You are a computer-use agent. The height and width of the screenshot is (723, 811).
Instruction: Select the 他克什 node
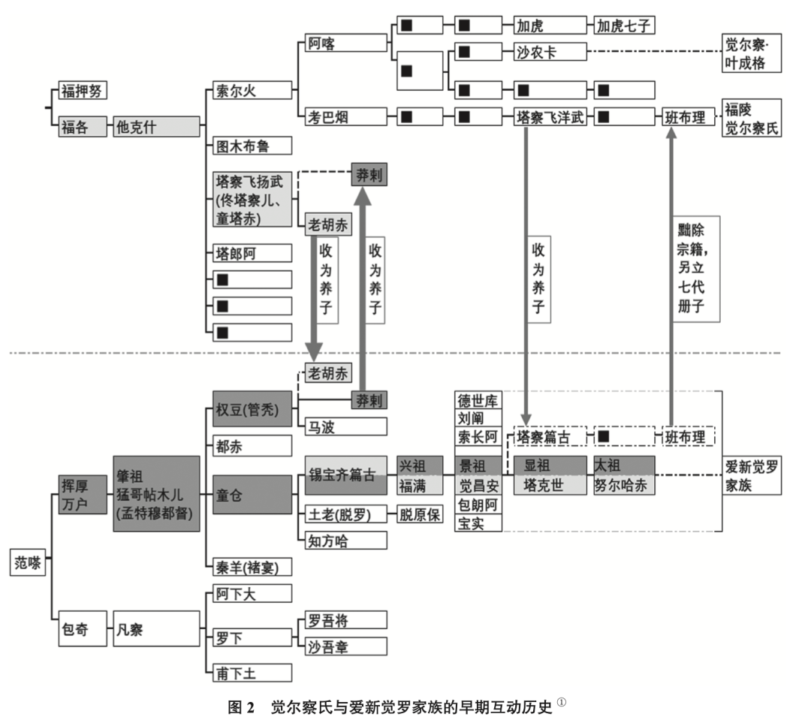(156, 127)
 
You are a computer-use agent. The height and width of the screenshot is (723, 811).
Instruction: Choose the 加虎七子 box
(623, 26)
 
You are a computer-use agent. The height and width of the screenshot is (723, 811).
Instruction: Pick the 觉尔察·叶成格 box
(750, 53)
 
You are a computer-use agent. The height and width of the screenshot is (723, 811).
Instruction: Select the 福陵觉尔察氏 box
(750, 119)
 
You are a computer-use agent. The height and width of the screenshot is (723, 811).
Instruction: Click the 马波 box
(345, 426)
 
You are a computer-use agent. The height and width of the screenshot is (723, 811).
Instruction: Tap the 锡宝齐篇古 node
(345, 475)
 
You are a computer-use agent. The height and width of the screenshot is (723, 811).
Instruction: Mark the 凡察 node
(156, 629)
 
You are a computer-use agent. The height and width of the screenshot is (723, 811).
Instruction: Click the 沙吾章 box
(345, 646)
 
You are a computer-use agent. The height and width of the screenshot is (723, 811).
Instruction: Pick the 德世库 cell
(478, 400)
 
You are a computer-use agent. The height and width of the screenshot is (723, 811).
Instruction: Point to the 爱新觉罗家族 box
(751, 475)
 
